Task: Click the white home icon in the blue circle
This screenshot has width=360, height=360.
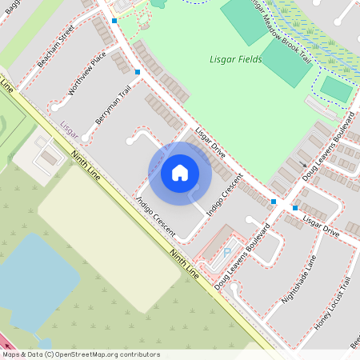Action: (x=180, y=172)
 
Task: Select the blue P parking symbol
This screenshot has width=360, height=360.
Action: (x=226, y=252)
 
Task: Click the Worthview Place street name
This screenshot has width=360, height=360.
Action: (x=87, y=74)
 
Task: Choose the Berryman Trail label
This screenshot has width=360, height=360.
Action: (x=113, y=105)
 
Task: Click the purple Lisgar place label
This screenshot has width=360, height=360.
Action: (x=68, y=125)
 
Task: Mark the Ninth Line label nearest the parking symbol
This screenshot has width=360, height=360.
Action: (x=185, y=263)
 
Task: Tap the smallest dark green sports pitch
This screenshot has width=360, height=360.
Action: (x=337, y=90)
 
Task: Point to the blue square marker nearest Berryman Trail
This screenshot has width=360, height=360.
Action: (x=138, y=73)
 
